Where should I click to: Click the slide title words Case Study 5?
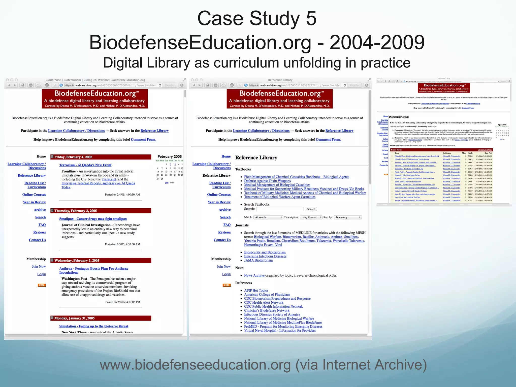click(257, 18)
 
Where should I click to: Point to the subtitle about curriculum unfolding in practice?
click(257, 63)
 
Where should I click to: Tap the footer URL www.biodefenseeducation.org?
click(195, 365)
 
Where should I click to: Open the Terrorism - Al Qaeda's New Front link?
click(85, 165)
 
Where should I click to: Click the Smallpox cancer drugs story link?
click(93, 219)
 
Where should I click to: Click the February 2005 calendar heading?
click(170, 156)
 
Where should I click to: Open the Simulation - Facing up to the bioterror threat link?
click(94, 326)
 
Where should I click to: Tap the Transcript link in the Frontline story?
click(109, 179)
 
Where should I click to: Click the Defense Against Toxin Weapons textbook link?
click(267, 181)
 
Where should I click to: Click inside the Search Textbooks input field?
click(280, 209)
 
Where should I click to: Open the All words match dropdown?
click(268, 217)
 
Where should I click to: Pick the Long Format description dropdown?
click(311, 217)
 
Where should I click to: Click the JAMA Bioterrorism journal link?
click(258, 260)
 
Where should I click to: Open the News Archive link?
click(254, 275)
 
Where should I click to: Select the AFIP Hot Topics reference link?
click(256, 291)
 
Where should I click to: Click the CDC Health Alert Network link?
click(264, 302)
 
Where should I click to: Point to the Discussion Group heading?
click(399, 117)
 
